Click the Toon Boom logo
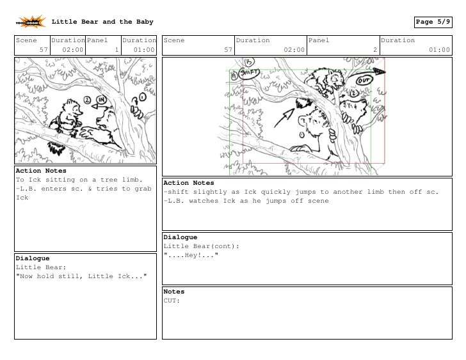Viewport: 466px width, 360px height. click(x=31, y=22)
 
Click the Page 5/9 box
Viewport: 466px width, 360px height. click(x=433, y=22)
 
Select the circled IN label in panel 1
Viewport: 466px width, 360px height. click(x=101, y=99)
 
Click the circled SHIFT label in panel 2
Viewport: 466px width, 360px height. click(x=250, y=74)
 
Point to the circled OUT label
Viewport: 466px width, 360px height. click(x=364, y=81)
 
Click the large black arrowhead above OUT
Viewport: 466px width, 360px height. click(x=379, y=72)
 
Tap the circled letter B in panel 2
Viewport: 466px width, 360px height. click(x=249, y=62)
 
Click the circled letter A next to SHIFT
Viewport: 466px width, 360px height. click(x=234, y=76)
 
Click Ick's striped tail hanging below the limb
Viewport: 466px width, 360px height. click(x=56, y=148)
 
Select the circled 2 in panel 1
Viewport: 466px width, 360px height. click(x=87, y=100)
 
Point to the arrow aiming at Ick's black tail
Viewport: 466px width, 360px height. click(x=284, y=118)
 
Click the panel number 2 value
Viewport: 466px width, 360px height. click(x=375, y=50)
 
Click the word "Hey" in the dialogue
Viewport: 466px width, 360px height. click(x=191, y=255)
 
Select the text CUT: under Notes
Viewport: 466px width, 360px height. click(x=172, y=301)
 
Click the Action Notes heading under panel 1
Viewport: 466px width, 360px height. click(x=41, y=171)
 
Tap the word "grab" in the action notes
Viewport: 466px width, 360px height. click(x=143, y=189)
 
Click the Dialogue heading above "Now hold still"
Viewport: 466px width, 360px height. click(x=33, y=258)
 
